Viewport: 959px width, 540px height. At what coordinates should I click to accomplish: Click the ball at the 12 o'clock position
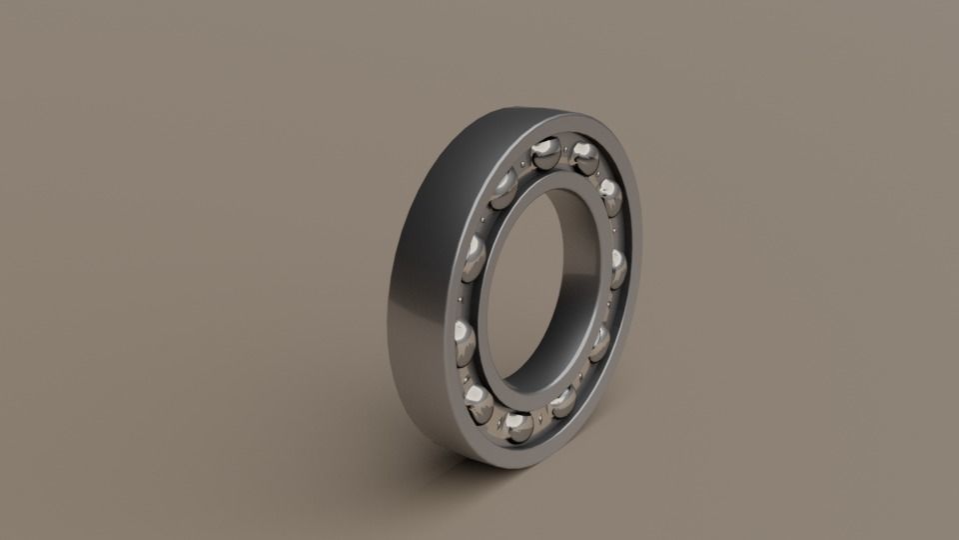tap(545, 154)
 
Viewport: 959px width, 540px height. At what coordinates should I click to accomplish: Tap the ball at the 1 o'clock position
tap(585, 155)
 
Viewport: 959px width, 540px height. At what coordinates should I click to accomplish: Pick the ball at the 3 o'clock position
tap(618, 268)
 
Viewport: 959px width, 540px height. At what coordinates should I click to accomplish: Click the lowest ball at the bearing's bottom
tap(518, 427)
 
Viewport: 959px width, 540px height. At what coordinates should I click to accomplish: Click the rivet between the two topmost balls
tap(566, 149)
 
